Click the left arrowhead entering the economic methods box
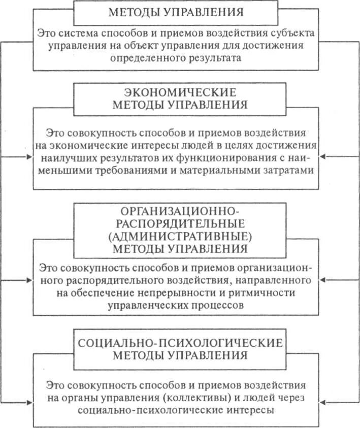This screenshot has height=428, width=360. coord(29,157)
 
